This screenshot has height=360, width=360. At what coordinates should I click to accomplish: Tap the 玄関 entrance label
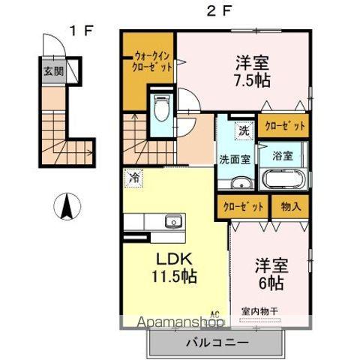coord(52,72)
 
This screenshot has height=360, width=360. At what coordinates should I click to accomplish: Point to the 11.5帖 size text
coord(176,277)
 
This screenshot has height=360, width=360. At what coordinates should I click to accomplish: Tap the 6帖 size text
coord(270,283)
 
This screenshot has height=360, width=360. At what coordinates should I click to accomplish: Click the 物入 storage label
coord(290,205)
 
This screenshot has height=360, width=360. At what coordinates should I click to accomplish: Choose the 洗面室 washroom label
coord(235,159)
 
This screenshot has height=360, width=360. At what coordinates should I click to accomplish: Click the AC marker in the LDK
coord(214,314)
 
